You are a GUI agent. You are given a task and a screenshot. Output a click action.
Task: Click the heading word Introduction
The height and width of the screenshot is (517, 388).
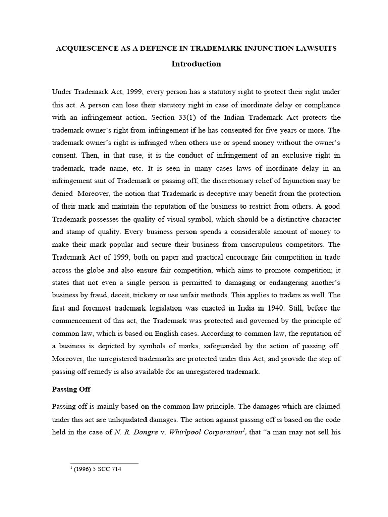point(196,64)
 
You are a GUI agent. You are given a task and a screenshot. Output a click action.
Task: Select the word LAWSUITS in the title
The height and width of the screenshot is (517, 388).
point(317,49)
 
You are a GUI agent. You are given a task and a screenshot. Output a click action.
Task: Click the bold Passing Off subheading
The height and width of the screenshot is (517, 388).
point(71,389)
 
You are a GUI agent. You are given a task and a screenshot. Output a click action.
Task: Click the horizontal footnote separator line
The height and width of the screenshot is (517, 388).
point(104,462)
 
